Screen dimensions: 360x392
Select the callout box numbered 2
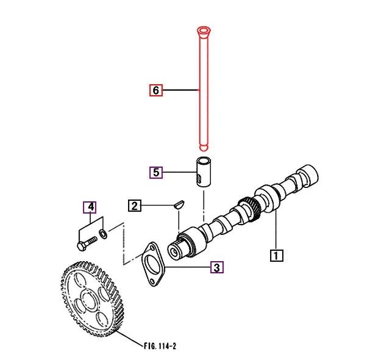[x=135, y=206]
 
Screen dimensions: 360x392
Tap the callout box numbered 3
[x=217, y=267]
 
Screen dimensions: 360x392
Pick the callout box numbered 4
[x=90, y=207]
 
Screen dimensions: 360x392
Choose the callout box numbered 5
[x=157, y=172]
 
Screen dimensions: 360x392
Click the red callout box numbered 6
[x=156, y=90]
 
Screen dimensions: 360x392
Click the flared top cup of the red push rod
[x=203, y=30]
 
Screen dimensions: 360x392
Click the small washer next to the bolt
[x=104, y=234]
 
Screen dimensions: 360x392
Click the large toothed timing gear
[x=91, y=298]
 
